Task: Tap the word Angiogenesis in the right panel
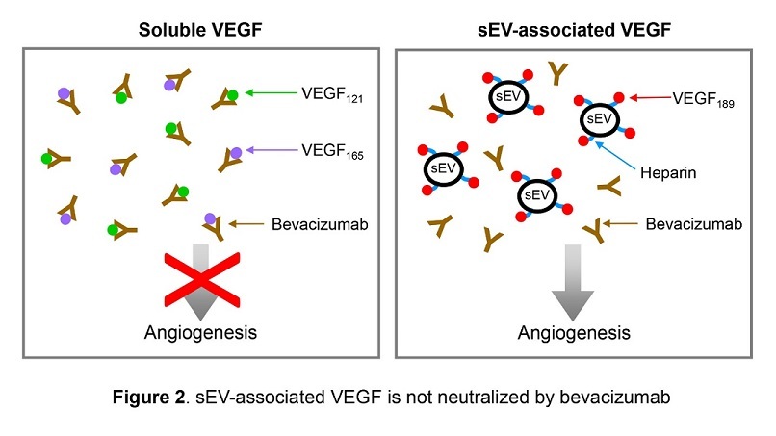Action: tap(574, 333)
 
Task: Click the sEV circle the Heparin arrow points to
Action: tap(598, 118)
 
